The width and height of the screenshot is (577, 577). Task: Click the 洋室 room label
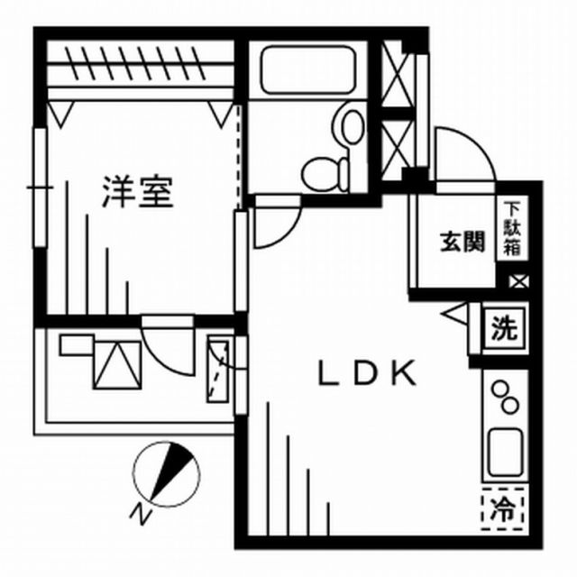tap(137, 191)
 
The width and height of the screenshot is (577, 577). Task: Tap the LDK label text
tap(366, 373)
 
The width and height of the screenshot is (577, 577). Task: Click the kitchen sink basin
tap(505, 453)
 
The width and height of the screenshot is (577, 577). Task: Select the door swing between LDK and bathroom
tap(274, 226)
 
